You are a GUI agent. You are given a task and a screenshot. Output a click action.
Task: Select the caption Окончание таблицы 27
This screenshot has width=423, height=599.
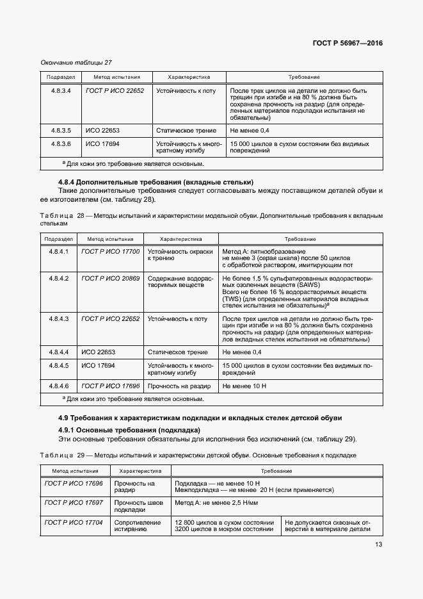76,62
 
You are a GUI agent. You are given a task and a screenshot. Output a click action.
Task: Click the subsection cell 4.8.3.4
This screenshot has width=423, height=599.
60,91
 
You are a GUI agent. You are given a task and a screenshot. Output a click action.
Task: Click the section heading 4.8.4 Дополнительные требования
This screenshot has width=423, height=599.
156,182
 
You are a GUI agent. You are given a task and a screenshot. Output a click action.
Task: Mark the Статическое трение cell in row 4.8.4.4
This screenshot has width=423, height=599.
178,352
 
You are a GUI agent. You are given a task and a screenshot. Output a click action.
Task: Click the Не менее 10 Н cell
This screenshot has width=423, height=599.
243,386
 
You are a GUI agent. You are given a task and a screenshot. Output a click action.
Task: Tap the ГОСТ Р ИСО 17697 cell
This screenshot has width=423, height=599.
74,503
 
